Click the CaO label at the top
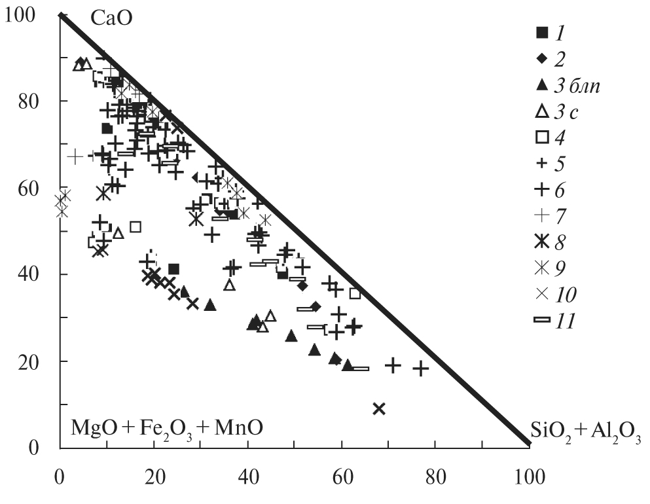[111, 18]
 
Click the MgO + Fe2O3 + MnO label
[167, 429]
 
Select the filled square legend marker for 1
[541, 31]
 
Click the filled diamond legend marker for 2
[541, 58]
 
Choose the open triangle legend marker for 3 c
[541, 111]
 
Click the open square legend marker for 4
[541, 137]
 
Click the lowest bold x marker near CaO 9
[378, 409]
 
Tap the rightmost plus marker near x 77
[421, 369]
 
